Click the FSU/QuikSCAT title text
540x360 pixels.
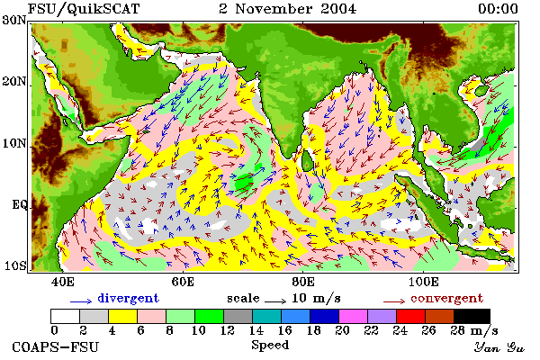(x=84, y=9)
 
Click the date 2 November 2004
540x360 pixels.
(x=288, y=9)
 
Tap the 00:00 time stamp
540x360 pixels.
(x=498, y=9)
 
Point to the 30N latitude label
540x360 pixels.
(x=14, y=20)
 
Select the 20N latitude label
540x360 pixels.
(x=14, y=82)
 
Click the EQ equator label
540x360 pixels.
(x=20, y=205)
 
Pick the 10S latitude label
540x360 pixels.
(x=15, y=266)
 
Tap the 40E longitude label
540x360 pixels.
(x=63, y=282)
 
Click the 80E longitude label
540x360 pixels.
(x=303, y=282)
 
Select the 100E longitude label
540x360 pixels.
(x=424, y=282)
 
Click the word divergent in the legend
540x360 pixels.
(x=128, y=298)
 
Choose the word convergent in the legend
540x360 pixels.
(x=447, y=299)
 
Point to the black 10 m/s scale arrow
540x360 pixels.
(x=275, y=301)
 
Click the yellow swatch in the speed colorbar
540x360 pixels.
(x=122, y=316)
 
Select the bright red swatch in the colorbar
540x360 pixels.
(x=410, y=316)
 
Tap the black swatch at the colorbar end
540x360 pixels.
(x=472, y=316)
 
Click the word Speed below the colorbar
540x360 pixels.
(x=270, y=346)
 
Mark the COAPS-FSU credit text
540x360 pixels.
(x=56, y=346)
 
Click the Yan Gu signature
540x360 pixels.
(x=499, y=347)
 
